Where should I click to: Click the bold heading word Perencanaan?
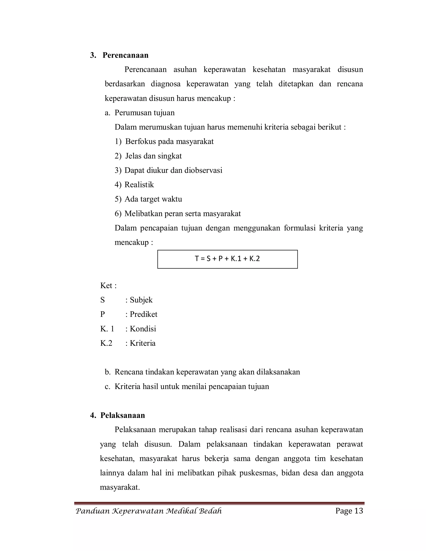click(x=125, y=55)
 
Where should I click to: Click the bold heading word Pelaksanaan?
click(x=123, y=415)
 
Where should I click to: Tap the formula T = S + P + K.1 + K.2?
click(x=227, y=259)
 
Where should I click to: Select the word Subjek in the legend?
click(x=141, y=300)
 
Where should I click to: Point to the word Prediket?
click(x=143, y=314)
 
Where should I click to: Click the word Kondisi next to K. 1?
click(x=143, y=329)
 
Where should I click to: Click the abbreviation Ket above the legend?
click(x=106, y=286)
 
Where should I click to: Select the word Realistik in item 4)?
click(x=139, y=185)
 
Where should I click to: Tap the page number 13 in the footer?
click(x=359, y=511)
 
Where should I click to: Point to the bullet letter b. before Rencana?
click(x=108, y=372)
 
